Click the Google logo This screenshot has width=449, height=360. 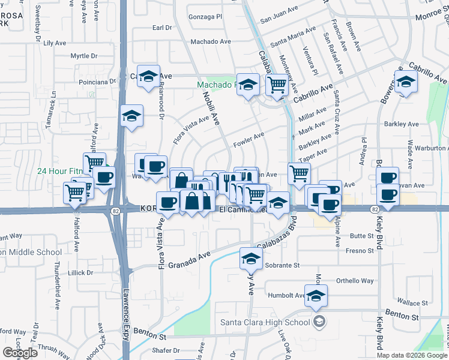pos(20,352)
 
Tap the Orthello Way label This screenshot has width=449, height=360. pos(354,280)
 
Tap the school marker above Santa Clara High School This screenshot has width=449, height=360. pos(316,295)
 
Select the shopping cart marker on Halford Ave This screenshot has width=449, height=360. pos(74,193)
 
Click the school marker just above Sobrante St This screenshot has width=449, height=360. pos(251,259)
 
